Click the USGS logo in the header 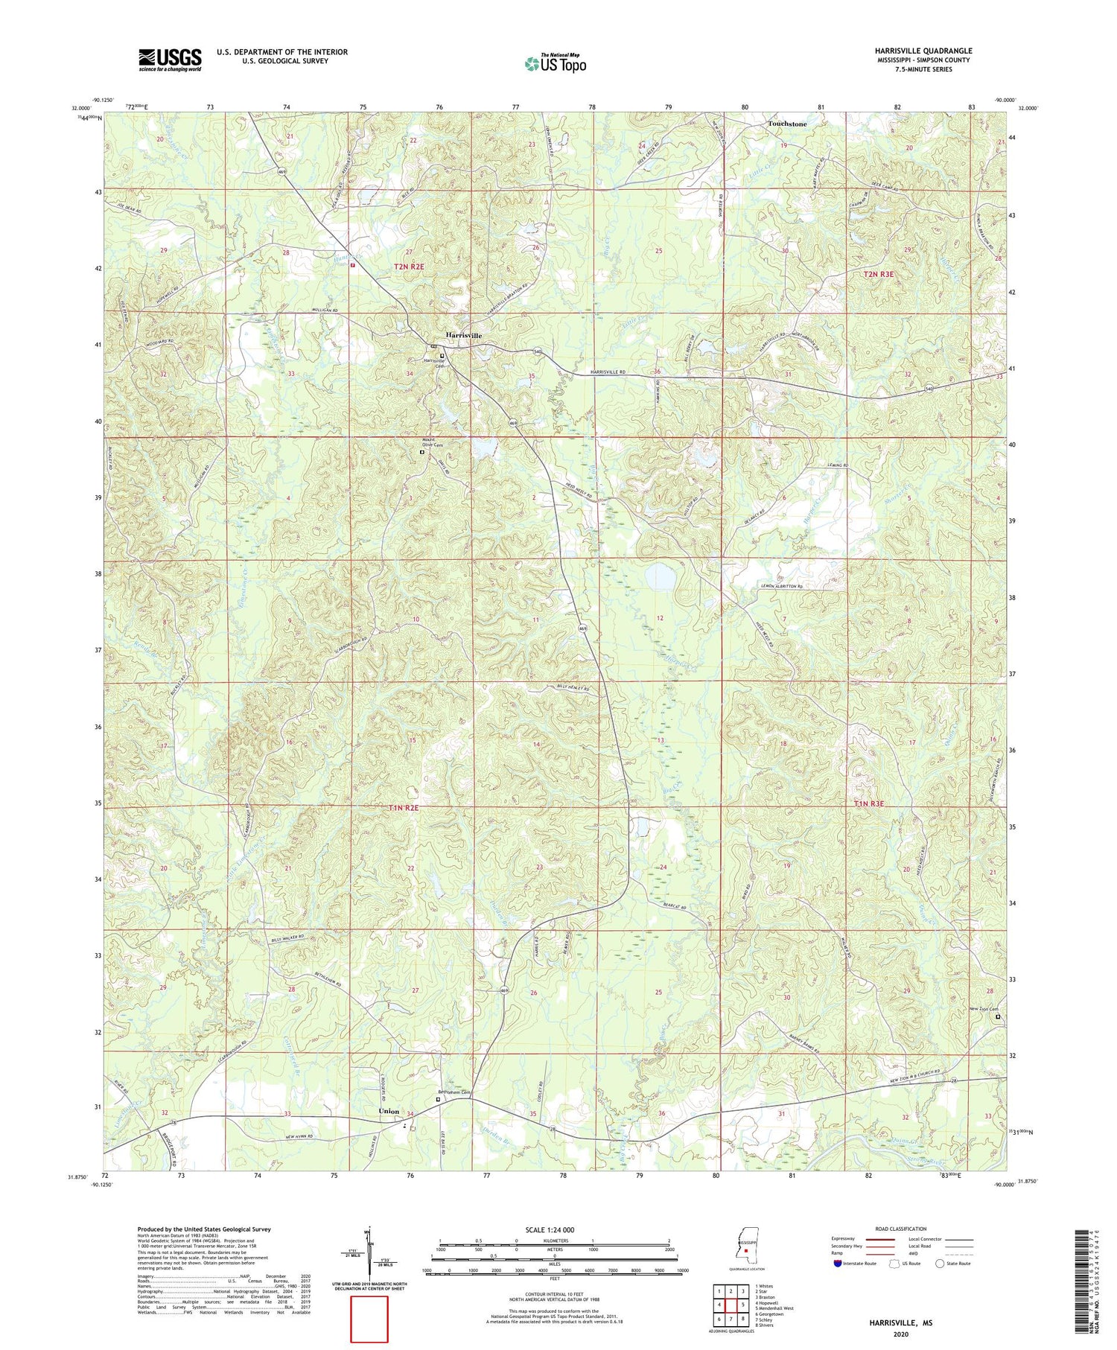(x=170, y=60)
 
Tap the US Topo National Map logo (x=555, y=63)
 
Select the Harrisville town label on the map (x=463, y=335)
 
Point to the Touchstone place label (x=787, y=124)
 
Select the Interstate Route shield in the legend (x=840, y=1263)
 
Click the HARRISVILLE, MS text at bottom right (x=900, y=1322)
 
